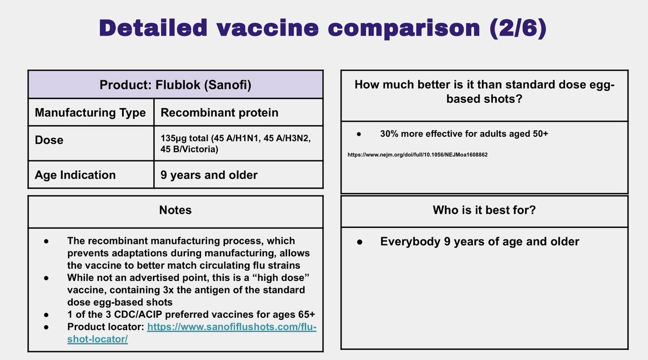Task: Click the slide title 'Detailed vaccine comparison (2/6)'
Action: pyautogui.click(x=323, y=28)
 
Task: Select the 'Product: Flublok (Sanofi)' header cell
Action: pyautogui.click(x=175, y=85)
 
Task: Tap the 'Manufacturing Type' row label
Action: pyautogui.click(x=90, y=112)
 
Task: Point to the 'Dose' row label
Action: pyautogui.click(x=49, y=140)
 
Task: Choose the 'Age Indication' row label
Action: pyautogui.click(x=75, y=175)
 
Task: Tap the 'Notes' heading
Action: pyautogui.click(x=175, y=210)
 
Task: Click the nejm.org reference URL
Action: pyautogui.click(x=417, y=155)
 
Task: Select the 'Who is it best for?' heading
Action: pyautogui.click(x=484, y=210)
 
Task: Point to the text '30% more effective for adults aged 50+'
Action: pyautogui.click(x=464, y=134)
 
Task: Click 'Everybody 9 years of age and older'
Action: pyautogui.click(x=480, y=242)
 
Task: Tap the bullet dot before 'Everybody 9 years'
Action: pyautogui.click(x=359, y=242)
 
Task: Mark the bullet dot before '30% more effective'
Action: pyautogui.click(x=359, y=134)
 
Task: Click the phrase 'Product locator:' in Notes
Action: pyautogui.click(x=106, y=326)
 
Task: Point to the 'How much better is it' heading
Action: pyautogui.click(x=484, y=91)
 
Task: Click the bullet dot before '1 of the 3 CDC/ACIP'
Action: pyautogui.click(x=46, y=315)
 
